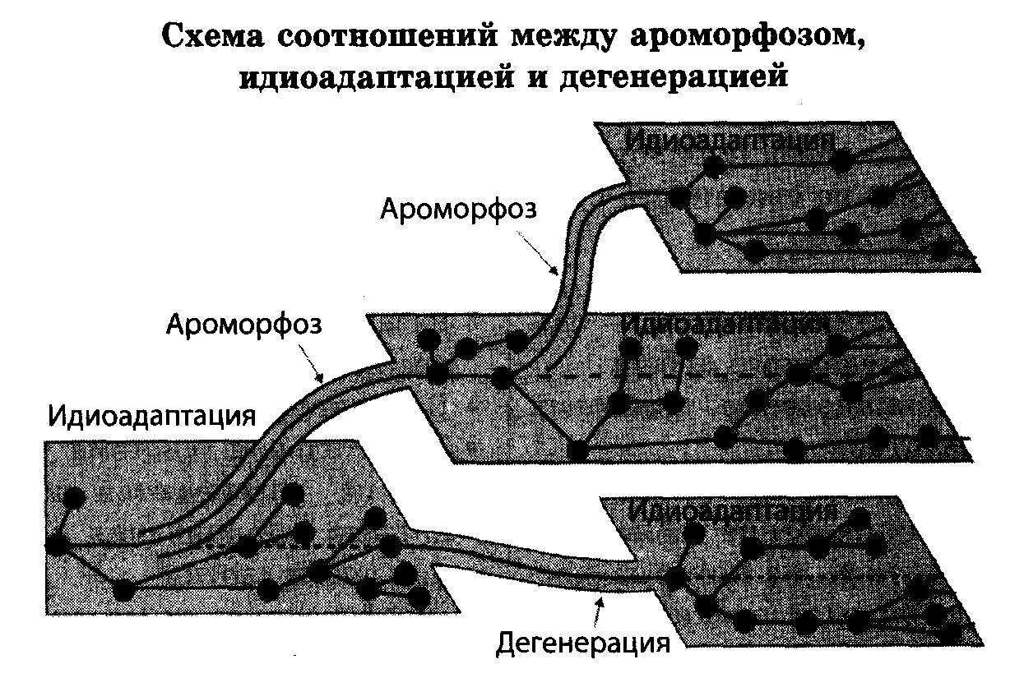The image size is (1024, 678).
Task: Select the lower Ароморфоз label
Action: pyautogui.click(x=244, y=323)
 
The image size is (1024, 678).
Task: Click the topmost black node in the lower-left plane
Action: pyautogui.click(x=73, y=497)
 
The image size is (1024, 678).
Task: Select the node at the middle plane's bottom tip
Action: pyautogui.click(x=578, y=450)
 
